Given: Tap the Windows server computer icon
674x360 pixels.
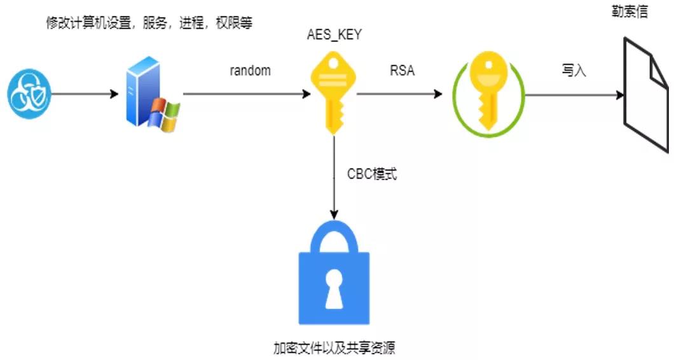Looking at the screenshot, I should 150,94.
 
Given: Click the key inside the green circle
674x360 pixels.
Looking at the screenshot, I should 488,93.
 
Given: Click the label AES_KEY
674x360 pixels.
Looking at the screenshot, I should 334,35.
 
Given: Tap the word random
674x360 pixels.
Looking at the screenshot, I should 251,71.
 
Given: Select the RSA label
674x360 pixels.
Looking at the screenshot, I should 402,71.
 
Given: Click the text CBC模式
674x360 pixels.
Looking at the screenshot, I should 372,174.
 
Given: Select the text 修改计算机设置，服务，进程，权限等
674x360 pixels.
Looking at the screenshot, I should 149,24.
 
